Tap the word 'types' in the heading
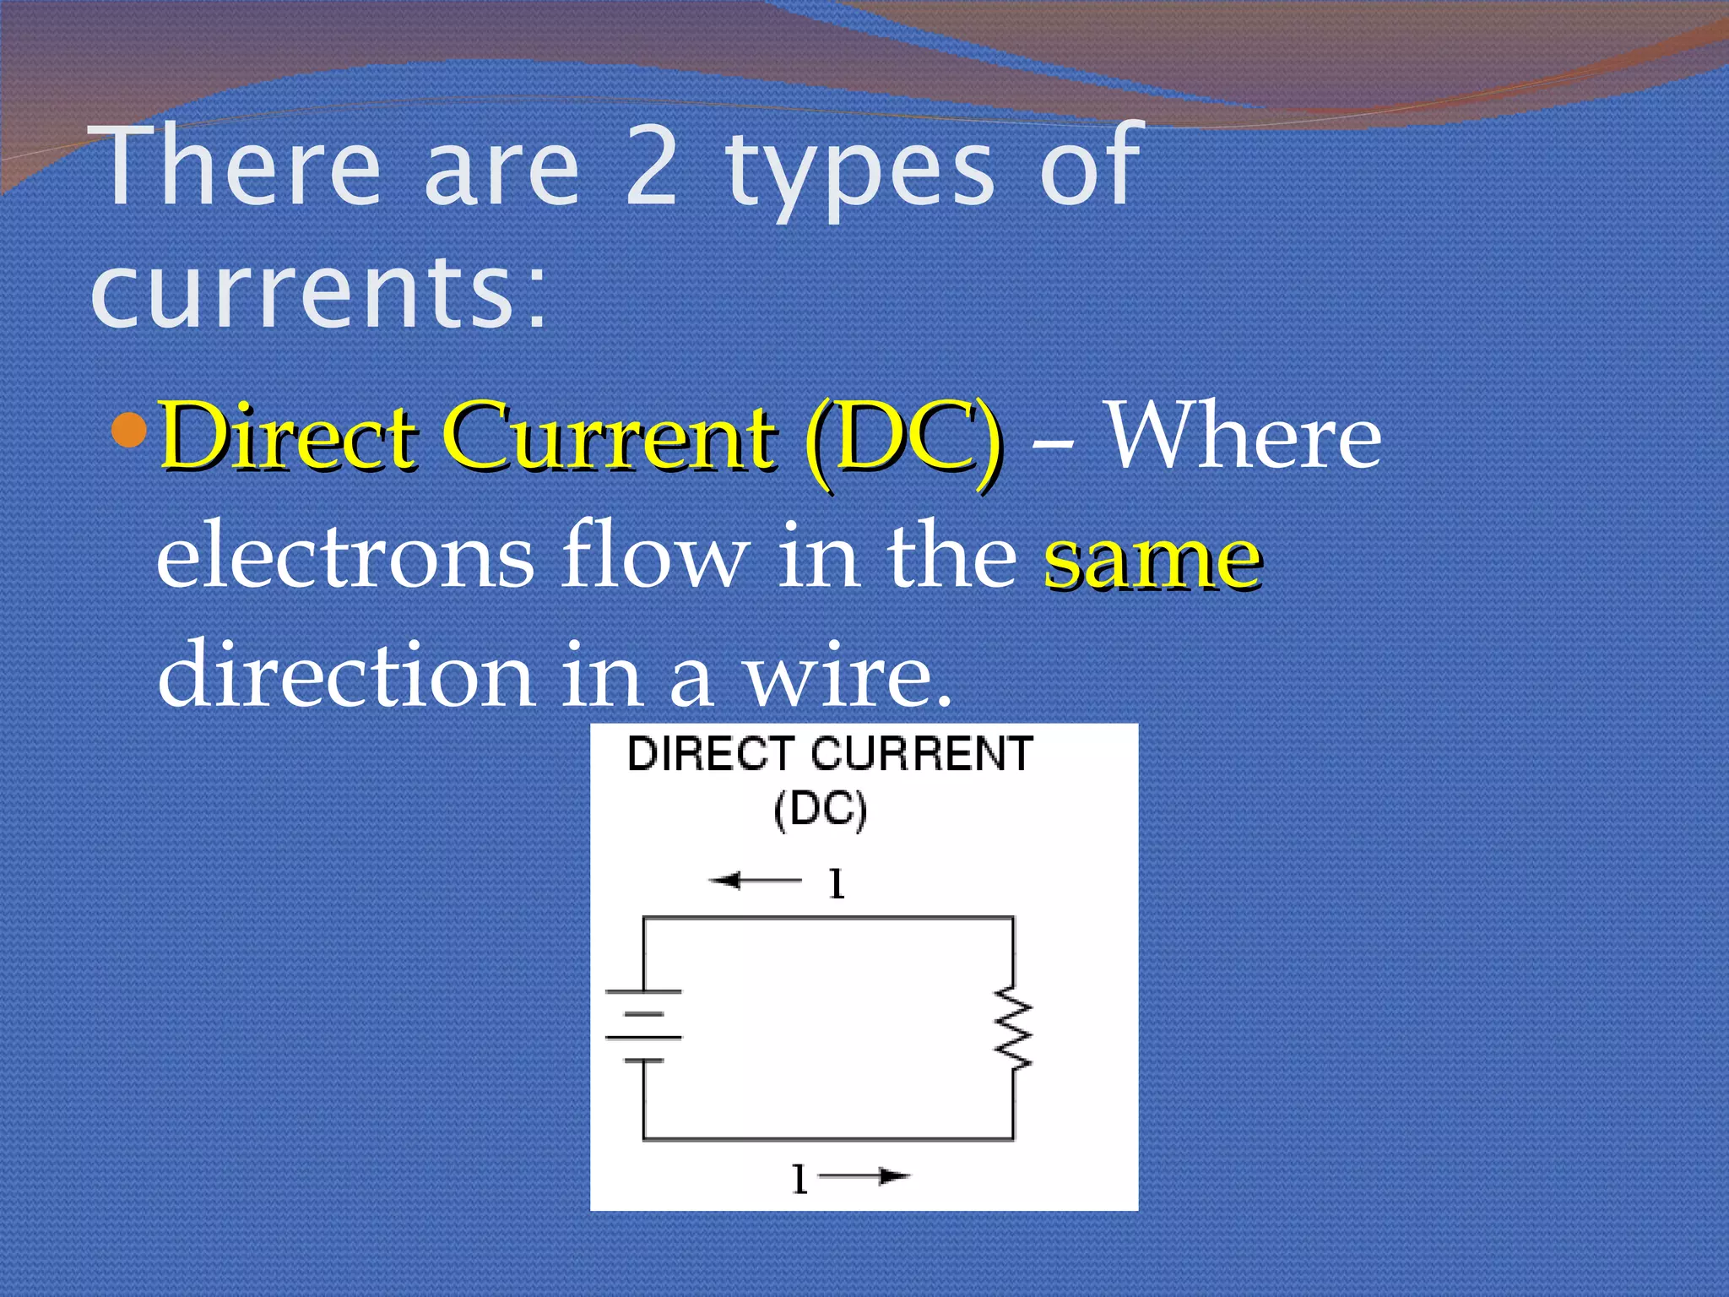[861, 173]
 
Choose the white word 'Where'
[1243, 437]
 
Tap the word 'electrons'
[345, 558]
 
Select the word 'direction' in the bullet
[345, 676]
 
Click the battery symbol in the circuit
[643, 1025]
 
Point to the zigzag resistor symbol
[1014, 1032]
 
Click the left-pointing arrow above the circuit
[753, 882]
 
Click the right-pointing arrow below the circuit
[865, 1176]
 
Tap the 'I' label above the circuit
[836, 884]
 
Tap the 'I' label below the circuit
[799, 1179]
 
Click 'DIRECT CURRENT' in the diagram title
[830, 754]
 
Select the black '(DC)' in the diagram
[820, 811]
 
